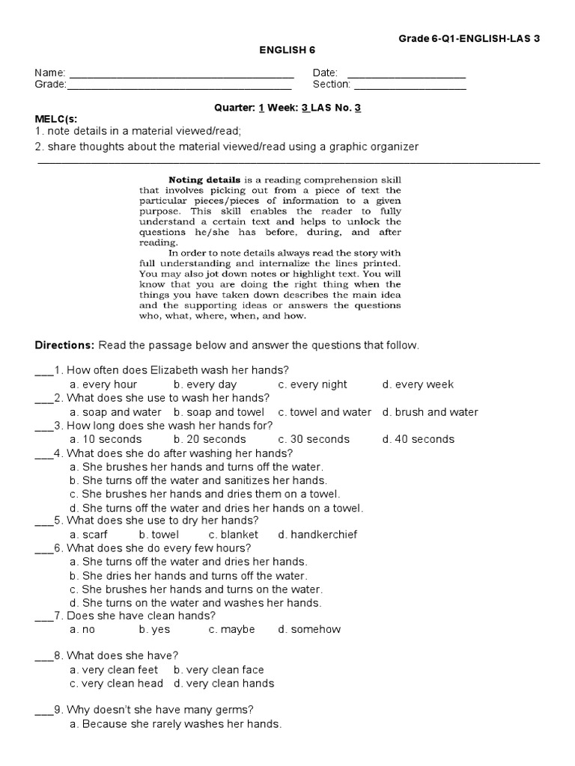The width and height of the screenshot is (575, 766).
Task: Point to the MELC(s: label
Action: coord(56,119)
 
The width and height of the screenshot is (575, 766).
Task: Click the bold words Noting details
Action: coord(204,180)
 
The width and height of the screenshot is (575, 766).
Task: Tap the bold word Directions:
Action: coord(64,345)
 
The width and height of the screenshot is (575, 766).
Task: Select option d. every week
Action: coord(418,384)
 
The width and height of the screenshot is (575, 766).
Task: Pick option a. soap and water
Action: coord(115,412)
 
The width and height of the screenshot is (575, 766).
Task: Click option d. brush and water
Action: coord(430,412)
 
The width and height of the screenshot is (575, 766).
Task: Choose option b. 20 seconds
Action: coord(210,439)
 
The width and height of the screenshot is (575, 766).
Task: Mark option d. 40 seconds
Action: coord(418,439)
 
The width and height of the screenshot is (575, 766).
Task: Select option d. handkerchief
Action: coord(317,535)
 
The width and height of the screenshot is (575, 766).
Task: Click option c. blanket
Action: coord(234,535)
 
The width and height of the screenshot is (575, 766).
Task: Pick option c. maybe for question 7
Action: coord(232,630)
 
